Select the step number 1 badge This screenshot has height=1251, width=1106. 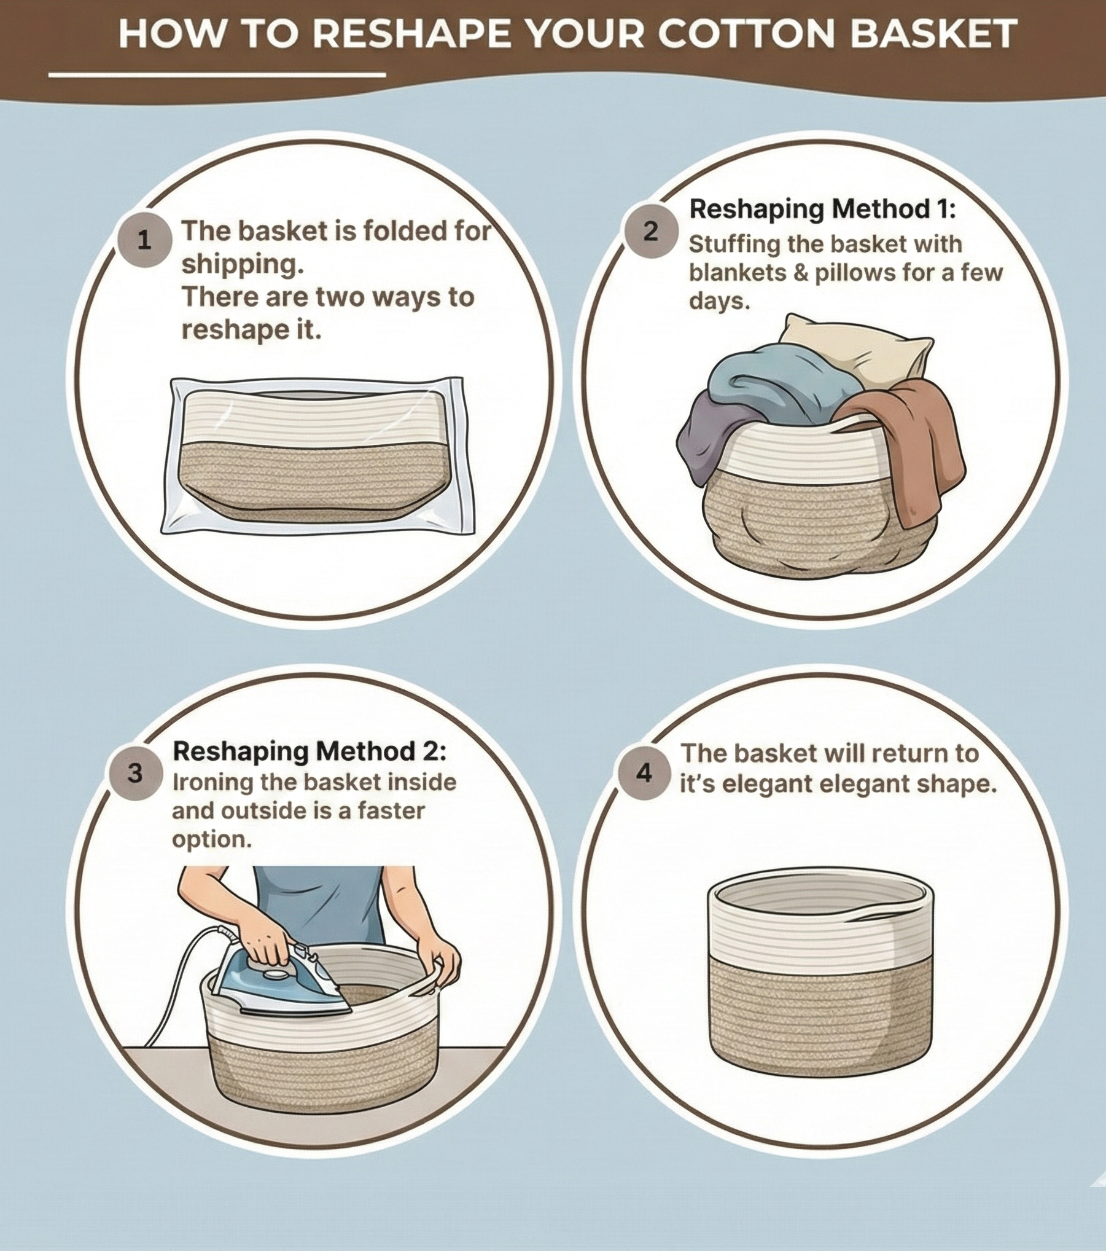pos(144,240)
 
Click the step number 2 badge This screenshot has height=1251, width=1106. pos(651,232)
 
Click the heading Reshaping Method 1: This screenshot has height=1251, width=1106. pos(823,210)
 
